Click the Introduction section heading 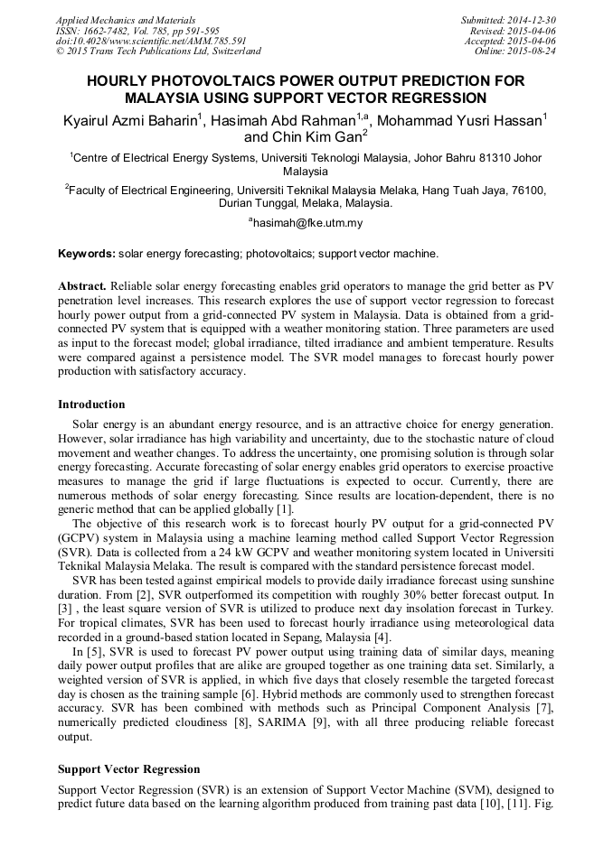(91, 404)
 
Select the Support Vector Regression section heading (128, 768)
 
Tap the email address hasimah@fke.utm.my (307, 222)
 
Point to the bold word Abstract (82, 286)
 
